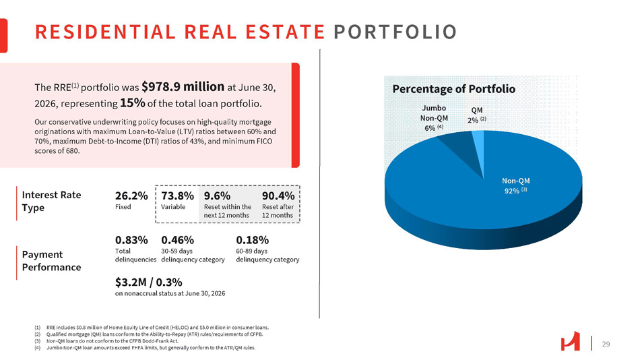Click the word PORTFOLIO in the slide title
395,32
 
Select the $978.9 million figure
183,86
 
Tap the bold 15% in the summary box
133,102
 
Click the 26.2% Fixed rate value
131,196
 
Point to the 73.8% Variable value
178,196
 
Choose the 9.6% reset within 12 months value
217,196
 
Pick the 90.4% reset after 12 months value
278,196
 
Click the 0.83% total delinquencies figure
131,240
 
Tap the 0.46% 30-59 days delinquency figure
178,240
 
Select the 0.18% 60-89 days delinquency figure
252,240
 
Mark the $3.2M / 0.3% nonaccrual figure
149,282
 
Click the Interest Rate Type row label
51,201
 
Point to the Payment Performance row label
51,261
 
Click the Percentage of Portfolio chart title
454,89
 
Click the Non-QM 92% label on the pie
516,185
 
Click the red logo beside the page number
570,341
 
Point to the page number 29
606,344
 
